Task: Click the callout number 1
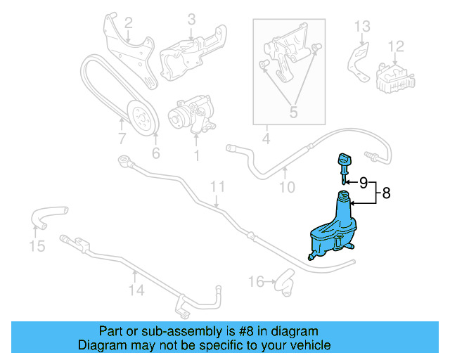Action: point(197,153)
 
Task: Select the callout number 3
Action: point(191,20)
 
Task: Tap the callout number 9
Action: point(364,183)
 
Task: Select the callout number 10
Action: point(287,187)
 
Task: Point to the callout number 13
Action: point(361,27)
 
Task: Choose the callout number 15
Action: point(37,246)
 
